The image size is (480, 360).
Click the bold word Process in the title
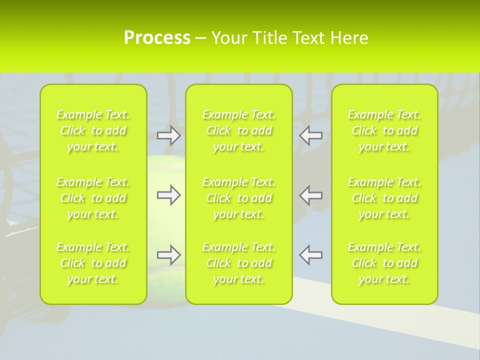coord(157,38)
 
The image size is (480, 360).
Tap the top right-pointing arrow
coord(168,135)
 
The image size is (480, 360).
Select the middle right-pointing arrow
coord(168,194)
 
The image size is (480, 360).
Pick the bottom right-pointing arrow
coord(168,255)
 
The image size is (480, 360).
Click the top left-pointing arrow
coord(311,135)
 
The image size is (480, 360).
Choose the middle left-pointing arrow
coord(311,194)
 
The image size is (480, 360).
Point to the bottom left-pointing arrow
coord(311,255)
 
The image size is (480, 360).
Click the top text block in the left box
coord(93,130)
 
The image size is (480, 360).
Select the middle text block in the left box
coord(93,198)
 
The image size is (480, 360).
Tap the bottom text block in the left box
coord(93,263)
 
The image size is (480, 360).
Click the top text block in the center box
coord(239,130)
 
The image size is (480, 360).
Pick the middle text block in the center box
coord(239,198)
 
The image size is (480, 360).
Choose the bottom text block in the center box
coord(239,263)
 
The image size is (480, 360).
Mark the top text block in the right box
coord(384,130)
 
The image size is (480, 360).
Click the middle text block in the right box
coord(384,198)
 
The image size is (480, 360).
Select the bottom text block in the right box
coord(384,263)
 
